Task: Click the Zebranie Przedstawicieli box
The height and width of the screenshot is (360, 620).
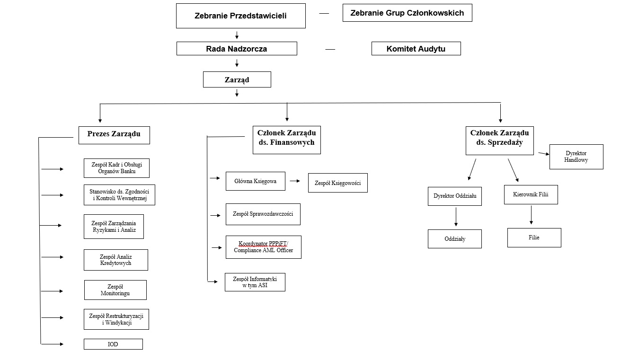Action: pos(240,16)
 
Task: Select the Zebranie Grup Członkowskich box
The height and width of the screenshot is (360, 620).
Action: pos(407,13)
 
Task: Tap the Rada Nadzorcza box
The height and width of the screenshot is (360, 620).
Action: pos(237,49)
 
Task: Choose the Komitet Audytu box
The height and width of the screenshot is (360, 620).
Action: pos(416,49)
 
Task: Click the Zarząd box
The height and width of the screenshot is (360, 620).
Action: pos(237,79)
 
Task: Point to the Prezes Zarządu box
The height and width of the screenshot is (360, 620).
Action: pos(114,134)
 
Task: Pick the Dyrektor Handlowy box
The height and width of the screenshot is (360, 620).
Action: pos(576,157)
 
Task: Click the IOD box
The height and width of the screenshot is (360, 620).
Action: pos(113,344)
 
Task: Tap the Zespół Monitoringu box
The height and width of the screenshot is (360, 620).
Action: pos(115,290)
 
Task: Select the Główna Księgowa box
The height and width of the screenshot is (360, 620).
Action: pos(255,181)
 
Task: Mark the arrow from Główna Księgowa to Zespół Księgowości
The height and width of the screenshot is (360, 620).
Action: pos(295,181)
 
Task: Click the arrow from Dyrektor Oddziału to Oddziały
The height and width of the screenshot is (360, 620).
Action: pos(456,217)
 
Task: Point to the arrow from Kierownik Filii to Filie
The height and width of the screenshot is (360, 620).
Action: pos(531,215)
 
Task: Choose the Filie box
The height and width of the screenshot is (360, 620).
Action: pos(534,237)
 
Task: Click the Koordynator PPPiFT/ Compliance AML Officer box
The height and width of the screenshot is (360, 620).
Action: pos(263,247)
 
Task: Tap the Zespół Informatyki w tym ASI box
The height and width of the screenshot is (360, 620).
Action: pos(255,282)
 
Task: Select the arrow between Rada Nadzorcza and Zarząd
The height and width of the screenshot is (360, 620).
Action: pos(237,63)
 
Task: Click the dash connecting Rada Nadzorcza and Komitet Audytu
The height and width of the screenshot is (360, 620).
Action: pos(330,49)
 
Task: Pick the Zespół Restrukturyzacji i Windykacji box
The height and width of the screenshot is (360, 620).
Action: pos(116,319)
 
